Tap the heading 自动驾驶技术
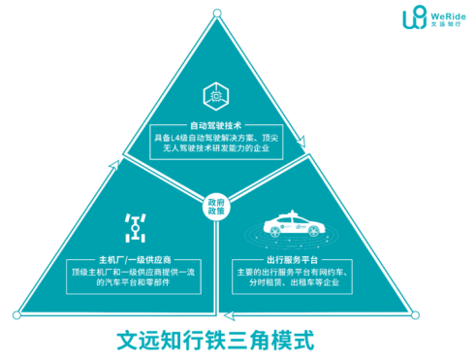point(215,125)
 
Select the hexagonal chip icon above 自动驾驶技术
point(214,96)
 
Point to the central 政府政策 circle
point(216,207)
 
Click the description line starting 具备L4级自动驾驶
point(215,139)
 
